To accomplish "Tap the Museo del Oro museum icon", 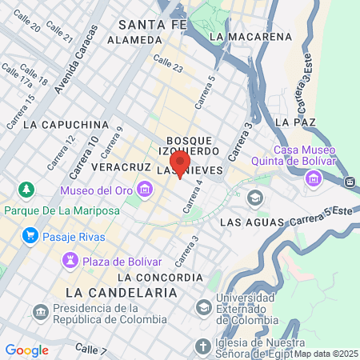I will [x=145, y=190].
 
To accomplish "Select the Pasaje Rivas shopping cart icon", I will [x=30, y=235].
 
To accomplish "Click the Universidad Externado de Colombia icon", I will [x=204, y=306].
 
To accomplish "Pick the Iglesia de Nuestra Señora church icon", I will [x=201, y=345].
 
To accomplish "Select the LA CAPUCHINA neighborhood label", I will [x=66, y=125].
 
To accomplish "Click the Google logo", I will [x=26, y=350].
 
